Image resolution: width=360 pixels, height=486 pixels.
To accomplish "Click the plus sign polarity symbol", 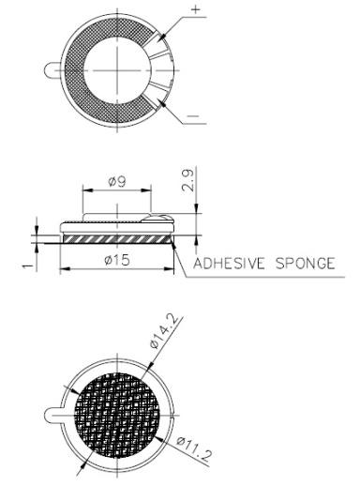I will click(195, 8).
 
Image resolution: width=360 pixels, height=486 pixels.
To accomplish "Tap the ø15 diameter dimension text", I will click(117, 259).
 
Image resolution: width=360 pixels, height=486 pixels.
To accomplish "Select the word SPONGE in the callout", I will click(305, 264).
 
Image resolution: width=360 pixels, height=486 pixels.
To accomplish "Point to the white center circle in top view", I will click(117, 67).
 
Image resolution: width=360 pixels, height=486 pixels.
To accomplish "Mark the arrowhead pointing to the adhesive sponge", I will click(175, 242).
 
